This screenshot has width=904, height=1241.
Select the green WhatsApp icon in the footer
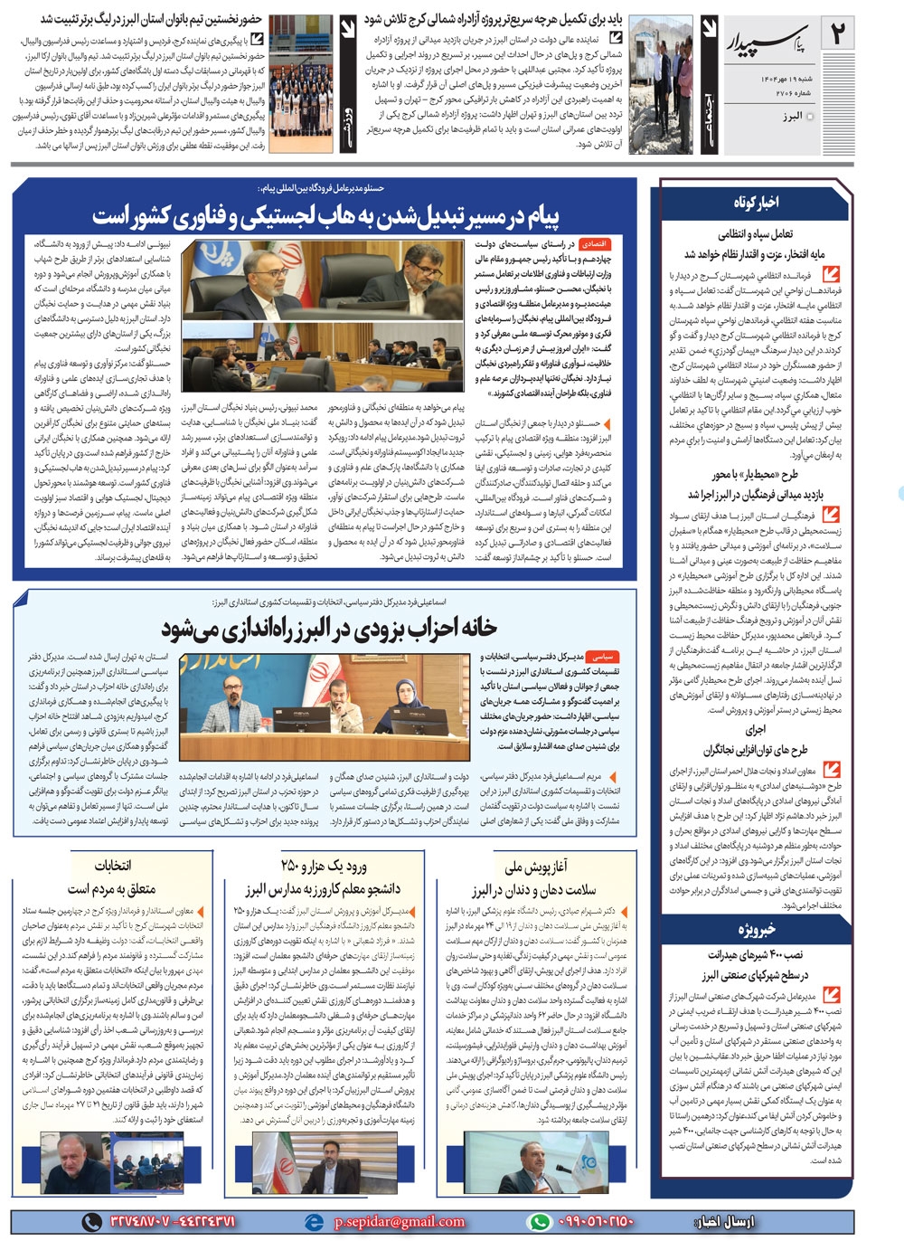point(540,1221)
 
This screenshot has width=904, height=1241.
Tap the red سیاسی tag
point(601,657)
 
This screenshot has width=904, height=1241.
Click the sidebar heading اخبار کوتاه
point(756,203)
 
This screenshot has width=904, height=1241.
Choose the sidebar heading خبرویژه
point(756,928)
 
